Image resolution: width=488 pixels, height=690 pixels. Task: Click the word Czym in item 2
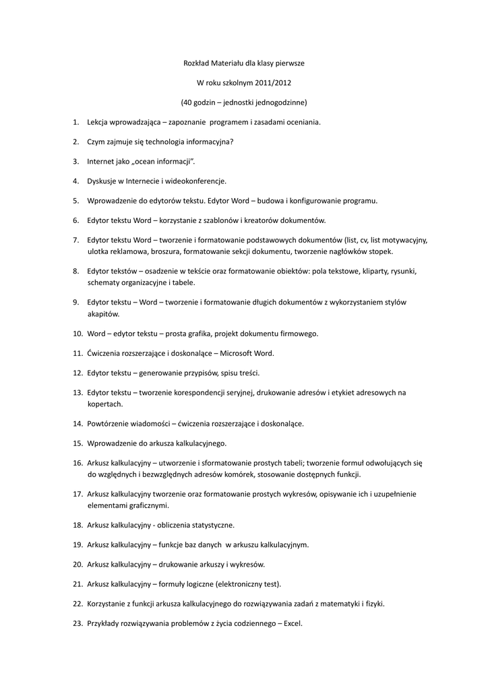(x=96, y=142)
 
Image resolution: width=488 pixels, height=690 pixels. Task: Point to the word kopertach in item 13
(x=105, y=404)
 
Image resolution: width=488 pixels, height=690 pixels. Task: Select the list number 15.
(x=77, y=443)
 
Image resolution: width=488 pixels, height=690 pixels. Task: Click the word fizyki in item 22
(x=374, y=603)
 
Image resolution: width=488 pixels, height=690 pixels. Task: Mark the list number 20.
(x=77, y=564)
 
